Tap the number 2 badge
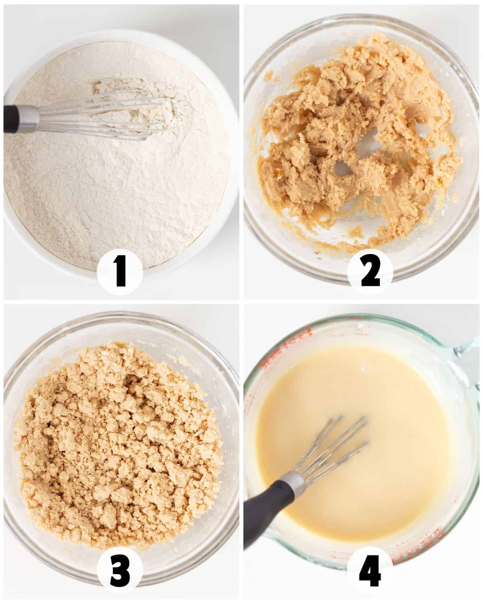coord(370,272)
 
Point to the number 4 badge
coord(370,570)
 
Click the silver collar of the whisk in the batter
coord(294,481)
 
